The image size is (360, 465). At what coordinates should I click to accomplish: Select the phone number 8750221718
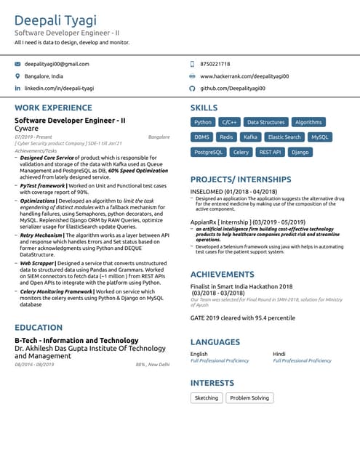[215, 64]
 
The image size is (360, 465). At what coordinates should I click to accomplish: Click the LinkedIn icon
[17, 88]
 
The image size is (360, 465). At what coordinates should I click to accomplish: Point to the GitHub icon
[192, 88]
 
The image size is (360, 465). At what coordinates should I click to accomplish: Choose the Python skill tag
[203, 122]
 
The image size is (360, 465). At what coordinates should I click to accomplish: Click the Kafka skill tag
[250, 137]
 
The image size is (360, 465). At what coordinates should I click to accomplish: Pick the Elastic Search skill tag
[284, 137]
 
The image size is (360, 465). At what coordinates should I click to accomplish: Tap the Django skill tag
[299, 152]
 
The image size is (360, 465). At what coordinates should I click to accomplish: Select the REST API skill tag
[270, 152]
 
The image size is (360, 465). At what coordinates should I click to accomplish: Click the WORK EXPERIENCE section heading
[53, 108]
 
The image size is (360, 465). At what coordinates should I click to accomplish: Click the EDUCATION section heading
[39, 328]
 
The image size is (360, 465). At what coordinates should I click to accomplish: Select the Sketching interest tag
[207, 398]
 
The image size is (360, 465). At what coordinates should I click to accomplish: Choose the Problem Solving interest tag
[249, 398]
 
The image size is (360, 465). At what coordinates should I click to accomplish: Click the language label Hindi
[279, 354]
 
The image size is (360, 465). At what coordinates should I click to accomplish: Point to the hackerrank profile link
[244, 76]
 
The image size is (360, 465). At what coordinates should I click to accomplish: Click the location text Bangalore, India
[44, 76]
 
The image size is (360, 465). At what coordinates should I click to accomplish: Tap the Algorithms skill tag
[308, 122]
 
